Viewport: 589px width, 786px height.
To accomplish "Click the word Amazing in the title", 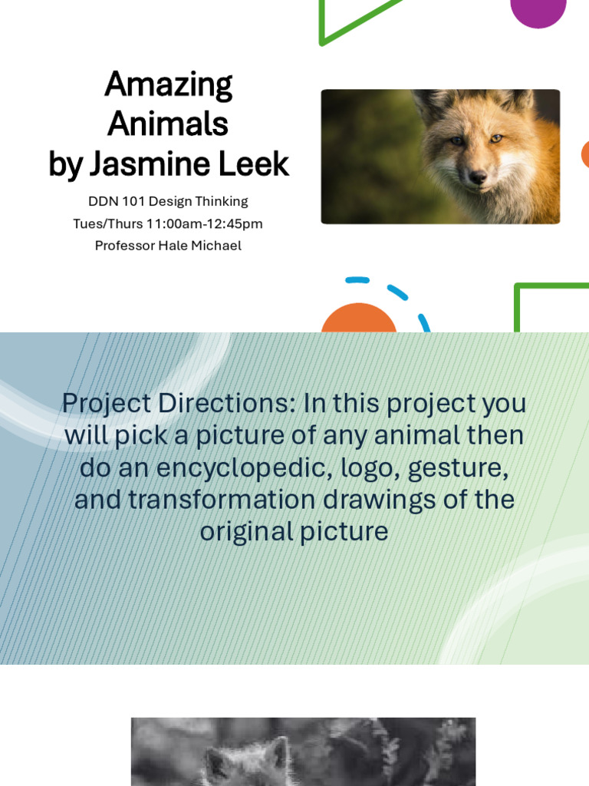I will pos(168,85).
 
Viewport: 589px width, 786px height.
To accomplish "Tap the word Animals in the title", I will pos(168,123).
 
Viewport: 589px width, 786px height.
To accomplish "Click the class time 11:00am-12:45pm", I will pos(204,224).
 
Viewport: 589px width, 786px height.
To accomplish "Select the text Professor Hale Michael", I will pos(168,246).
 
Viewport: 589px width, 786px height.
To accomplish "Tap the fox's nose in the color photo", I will pos(478,177).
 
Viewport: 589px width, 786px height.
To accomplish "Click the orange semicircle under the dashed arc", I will pos(359,319).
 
